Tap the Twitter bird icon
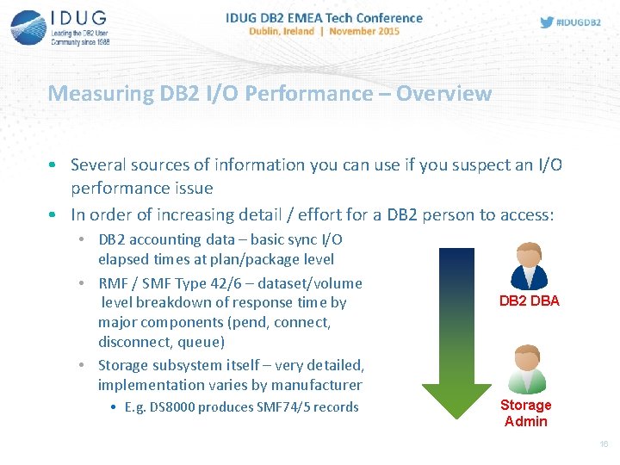[547, 22]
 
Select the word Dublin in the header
[270, 31]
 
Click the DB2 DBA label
[529, 301]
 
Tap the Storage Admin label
[526, 412]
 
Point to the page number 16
[604, 444]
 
